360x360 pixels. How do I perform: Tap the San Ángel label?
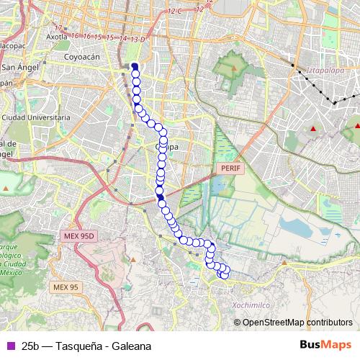coord(22,68)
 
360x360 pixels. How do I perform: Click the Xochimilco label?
coord(251,304)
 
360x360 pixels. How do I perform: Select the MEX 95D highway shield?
coord(78,236)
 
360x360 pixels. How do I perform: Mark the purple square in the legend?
coord(9,346)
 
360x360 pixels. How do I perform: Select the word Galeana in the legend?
coord(131,346)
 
